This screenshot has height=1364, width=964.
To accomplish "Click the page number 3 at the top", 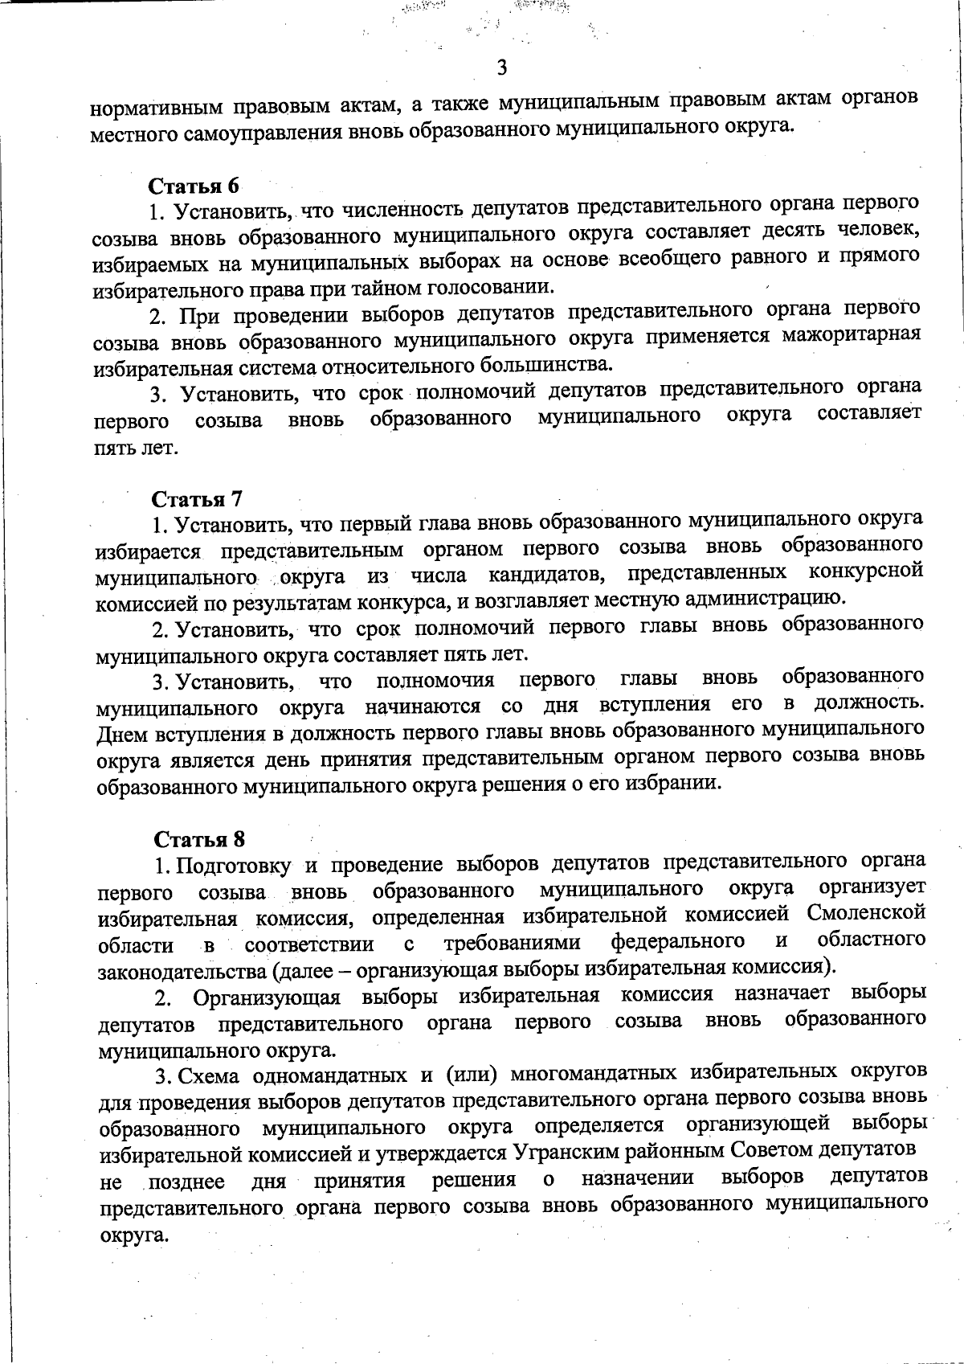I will [501, 68].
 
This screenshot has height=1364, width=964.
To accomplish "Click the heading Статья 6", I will [194, 186].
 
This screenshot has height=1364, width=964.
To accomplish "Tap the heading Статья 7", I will [197, 499].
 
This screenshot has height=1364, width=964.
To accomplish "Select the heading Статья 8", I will [199, 839].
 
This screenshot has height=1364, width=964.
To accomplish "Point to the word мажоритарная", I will [852, 334].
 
